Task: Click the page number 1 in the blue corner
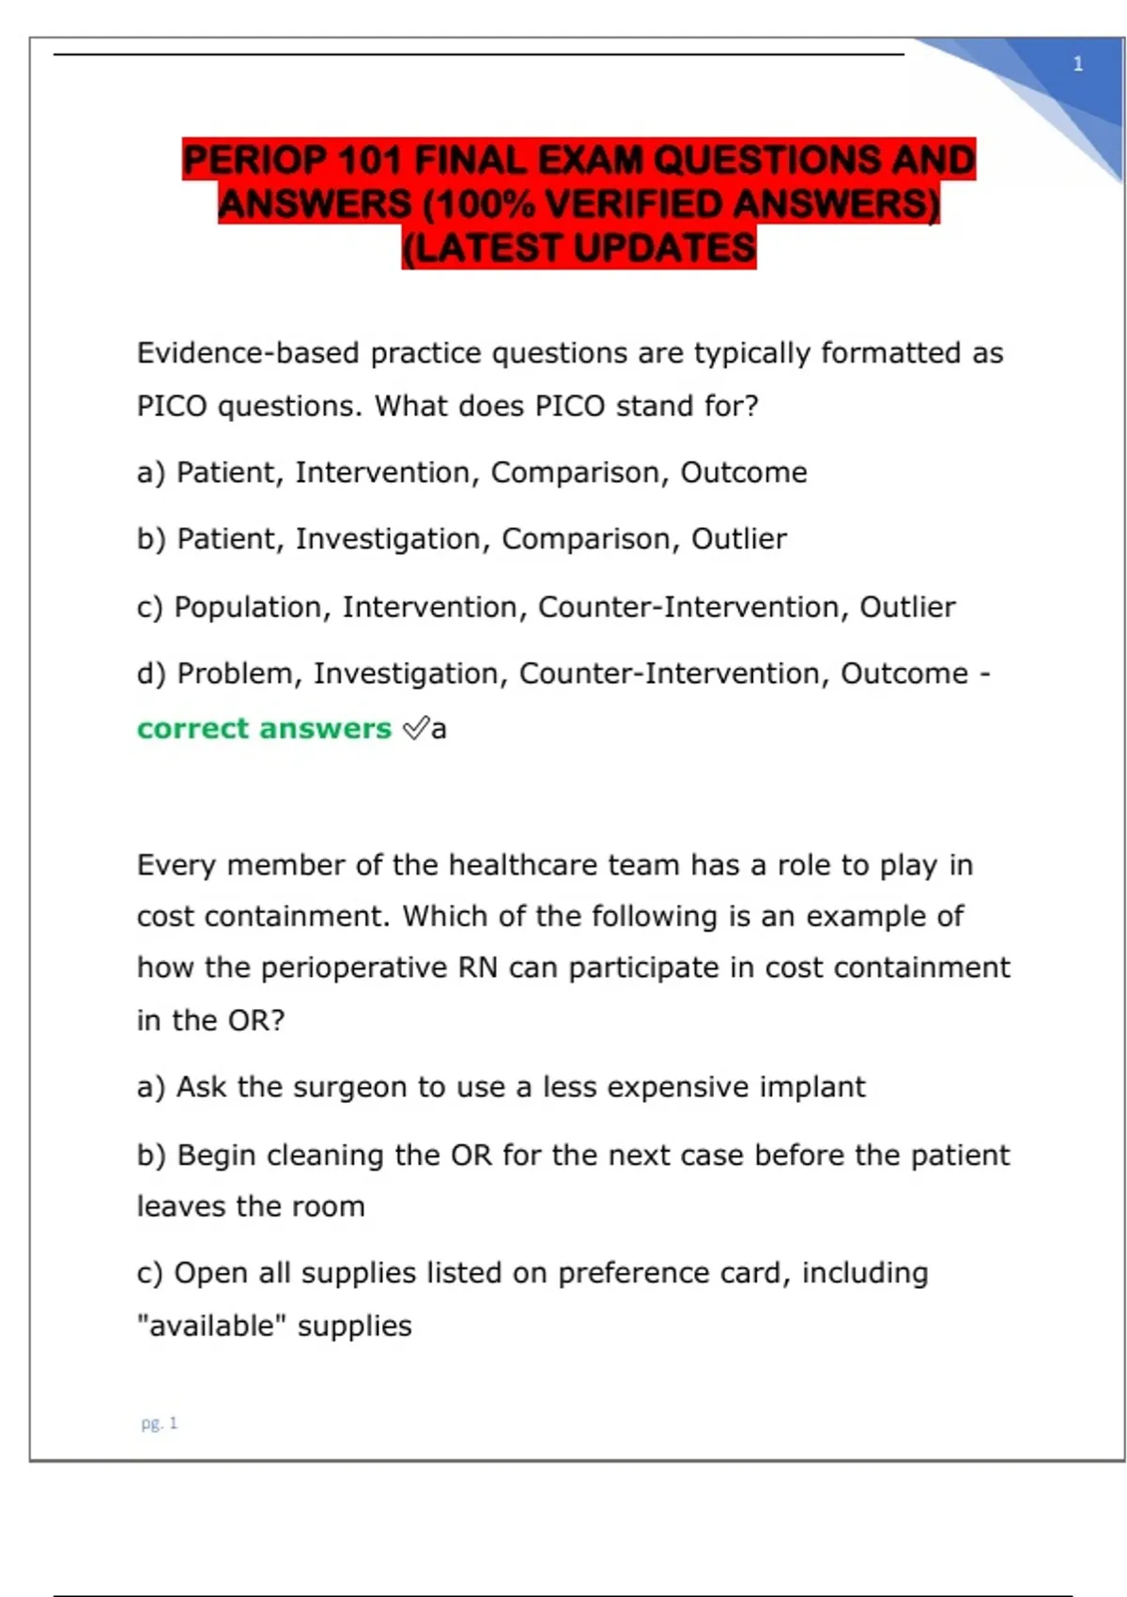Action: (1077, 65)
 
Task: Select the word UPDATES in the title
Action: (664, 248)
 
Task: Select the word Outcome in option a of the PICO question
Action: (743, 473)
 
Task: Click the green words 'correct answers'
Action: (264, 728)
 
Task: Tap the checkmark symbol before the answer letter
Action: (415, 728)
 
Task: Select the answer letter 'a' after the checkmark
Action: (439, 730)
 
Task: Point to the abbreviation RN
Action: (477, 968)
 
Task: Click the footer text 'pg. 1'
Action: (159, 1423)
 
